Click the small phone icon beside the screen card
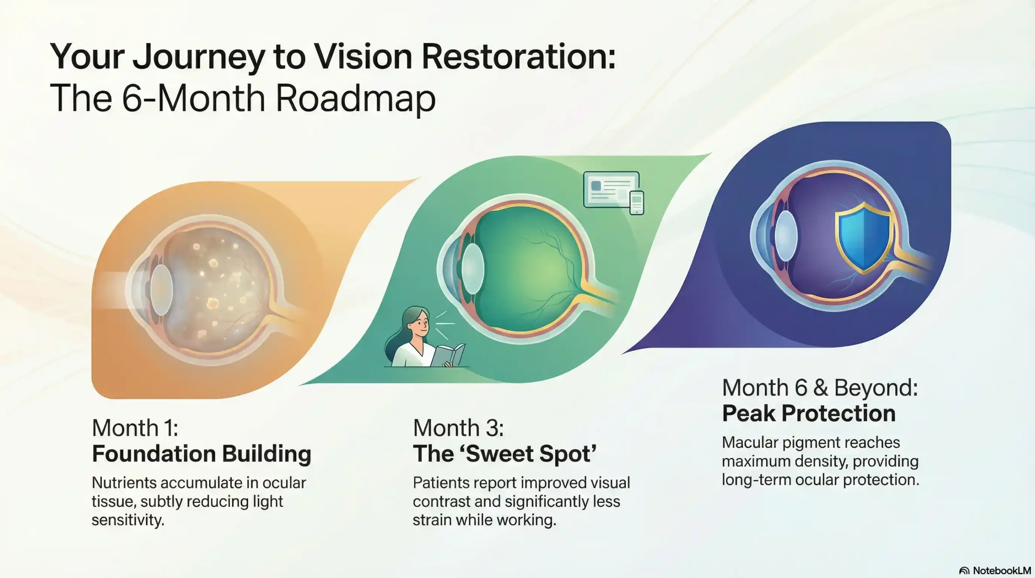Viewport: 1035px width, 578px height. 637,202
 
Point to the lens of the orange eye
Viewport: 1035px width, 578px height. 162,290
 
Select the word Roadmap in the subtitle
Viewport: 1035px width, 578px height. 356,98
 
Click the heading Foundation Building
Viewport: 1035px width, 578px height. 201,454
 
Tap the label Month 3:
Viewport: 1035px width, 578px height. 458,428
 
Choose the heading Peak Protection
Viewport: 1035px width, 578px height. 809,413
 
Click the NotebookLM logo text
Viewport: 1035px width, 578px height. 1001,571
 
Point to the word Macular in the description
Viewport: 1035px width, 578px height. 750,442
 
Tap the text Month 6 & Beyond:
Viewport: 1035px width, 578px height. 820,387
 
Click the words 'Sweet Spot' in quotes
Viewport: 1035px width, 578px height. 531,454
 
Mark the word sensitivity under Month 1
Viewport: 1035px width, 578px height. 128,520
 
